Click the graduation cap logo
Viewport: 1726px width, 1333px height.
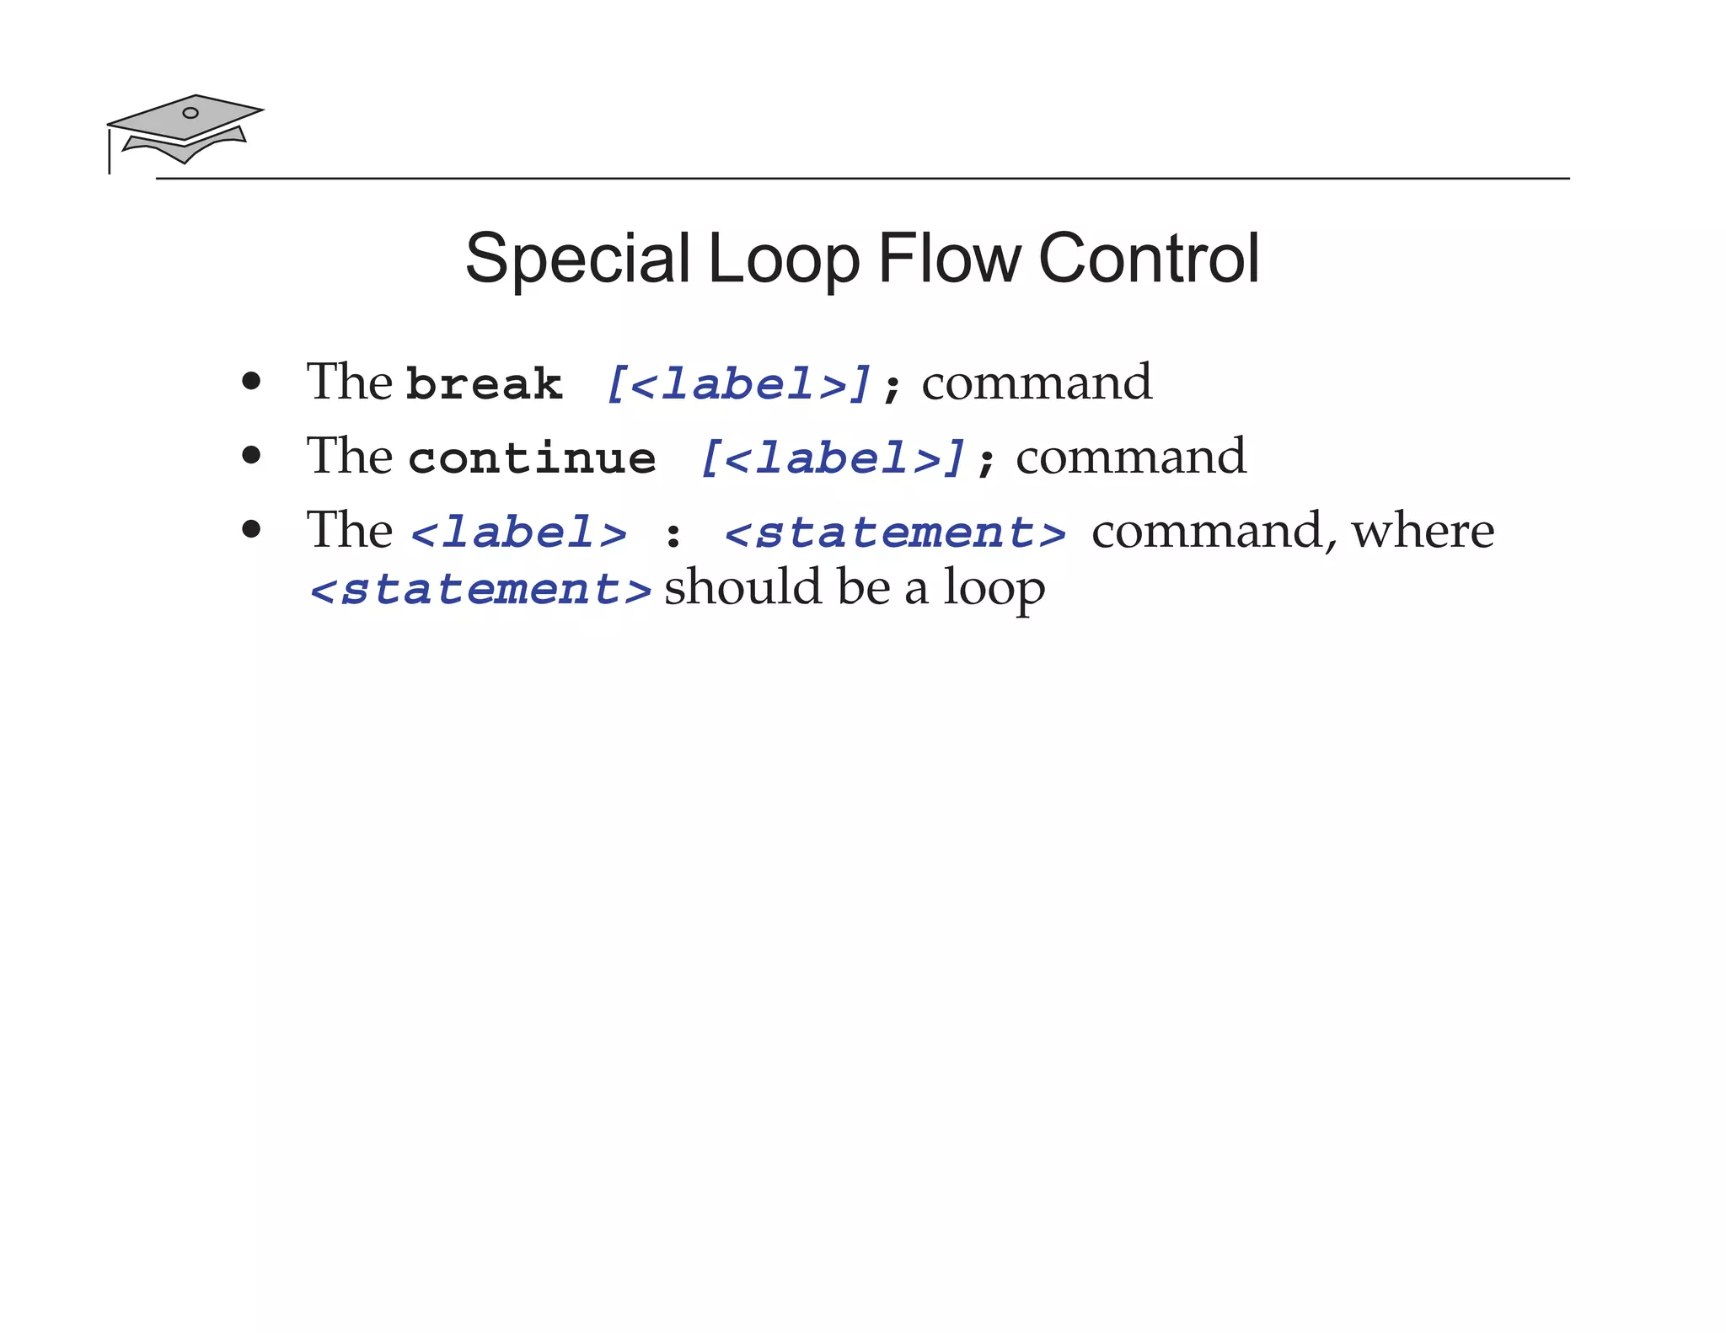185,129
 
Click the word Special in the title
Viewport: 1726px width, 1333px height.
577,259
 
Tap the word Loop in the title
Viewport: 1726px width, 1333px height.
784,259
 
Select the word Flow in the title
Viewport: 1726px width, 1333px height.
949,259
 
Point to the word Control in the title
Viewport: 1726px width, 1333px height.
1149,259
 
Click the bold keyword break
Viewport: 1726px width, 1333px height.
484,384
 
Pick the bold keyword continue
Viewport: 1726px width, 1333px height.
532,458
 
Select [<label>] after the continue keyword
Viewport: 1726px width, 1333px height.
833,458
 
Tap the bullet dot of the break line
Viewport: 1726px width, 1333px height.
251,382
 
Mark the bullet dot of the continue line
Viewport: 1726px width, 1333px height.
251,456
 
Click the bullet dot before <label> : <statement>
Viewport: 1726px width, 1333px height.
251,530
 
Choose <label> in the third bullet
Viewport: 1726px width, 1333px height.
519,533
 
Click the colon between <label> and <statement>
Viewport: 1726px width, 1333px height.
673,535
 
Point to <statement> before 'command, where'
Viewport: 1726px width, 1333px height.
895,533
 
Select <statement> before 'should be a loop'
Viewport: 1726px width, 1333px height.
481,589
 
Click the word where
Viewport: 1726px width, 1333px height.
1423,531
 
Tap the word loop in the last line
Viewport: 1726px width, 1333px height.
994,588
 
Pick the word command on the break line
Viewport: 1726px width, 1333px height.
1037,383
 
